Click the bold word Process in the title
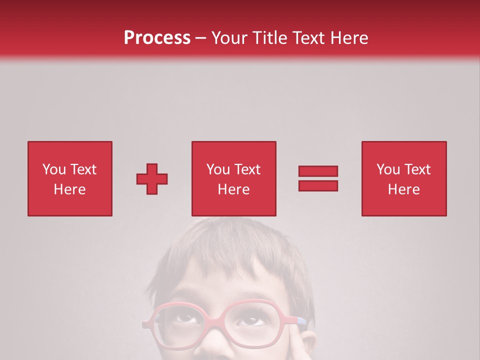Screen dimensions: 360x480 coord(157,37)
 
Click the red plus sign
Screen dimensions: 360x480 coord(152,178)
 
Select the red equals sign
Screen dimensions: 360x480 coord(318,178)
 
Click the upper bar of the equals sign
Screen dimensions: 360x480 coord(318,171)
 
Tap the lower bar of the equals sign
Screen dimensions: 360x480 coord(318,185)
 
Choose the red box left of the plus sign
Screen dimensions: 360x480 coord(70,178)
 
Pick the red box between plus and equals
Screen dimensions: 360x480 coord(234,178)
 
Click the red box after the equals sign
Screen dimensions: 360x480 coord(404,178)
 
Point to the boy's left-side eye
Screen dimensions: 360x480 coord(186,316)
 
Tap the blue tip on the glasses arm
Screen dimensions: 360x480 coord(301,320)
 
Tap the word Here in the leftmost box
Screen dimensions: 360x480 coord(70,189)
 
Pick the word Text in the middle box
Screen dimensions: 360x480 coord(246,169)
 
